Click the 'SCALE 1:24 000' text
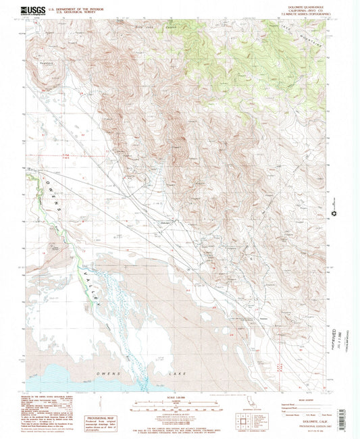click(x=179, y=397)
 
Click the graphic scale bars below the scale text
click(x=179, y=407)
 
